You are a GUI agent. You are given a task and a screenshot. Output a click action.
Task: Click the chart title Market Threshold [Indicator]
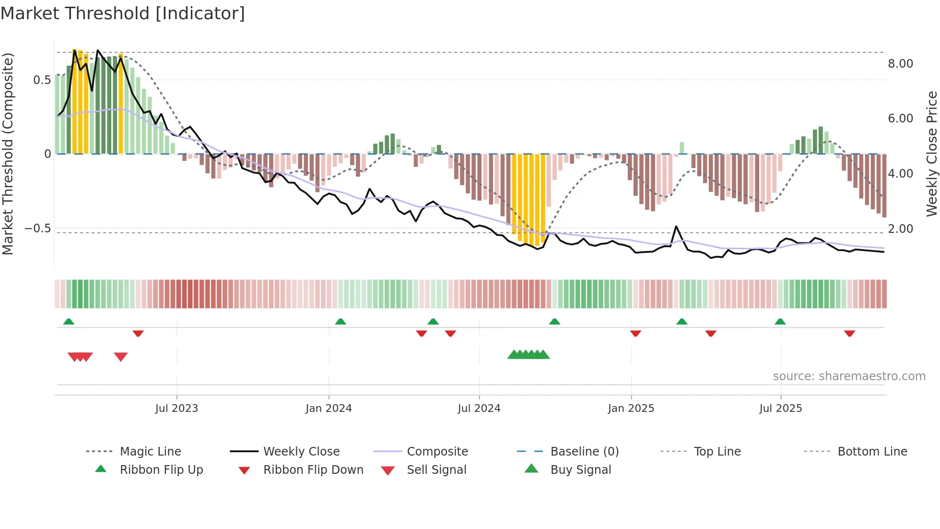pyautogui.click(x=123, y=13)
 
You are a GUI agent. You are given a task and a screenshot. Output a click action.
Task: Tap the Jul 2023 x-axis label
pyautogui.click(x=176, y=409)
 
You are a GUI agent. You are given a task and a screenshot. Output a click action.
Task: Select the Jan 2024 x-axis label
pyautogui.click(x=329, y=409)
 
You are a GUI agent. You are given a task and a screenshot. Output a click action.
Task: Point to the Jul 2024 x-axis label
pyautogui.click(x=479, y=409)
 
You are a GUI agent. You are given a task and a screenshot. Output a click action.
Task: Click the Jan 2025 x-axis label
pyautogui.click(x=631, y=409)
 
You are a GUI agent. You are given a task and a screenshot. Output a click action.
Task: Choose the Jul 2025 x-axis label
pyautogui.click(x=780, y=409)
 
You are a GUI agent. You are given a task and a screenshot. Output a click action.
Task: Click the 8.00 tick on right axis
pyautogui.click(x=900, y=64)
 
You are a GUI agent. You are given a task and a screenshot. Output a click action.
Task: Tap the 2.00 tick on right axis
pyautogui.click(x=900, y=229)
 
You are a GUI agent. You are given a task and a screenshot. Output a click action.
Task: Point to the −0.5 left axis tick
pyautogui.click(x=38, y=228)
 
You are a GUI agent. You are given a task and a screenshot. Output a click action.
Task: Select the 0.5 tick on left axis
pyautogui.click(x=42, y=80)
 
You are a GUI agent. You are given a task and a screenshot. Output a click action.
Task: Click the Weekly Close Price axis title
pyautogui.click(x=931, y=154)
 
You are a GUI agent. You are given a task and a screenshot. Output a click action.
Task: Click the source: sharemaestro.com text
pyautogui.click(x=849, y=376)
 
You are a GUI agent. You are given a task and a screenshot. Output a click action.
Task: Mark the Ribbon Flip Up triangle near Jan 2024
pyautogui.click(x=341, y=322)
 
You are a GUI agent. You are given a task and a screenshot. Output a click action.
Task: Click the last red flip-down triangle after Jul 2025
pyautogui.click(x=849, y=333)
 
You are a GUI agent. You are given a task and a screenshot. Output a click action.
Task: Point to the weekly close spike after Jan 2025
pyautogui.click(x=676, y=227)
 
